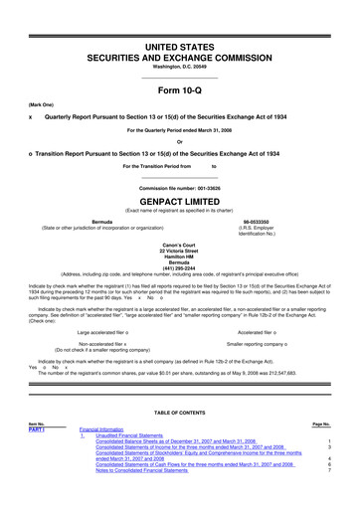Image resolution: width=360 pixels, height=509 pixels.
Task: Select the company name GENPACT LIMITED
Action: [180, 199]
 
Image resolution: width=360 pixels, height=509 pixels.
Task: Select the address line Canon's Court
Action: [180, 243]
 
